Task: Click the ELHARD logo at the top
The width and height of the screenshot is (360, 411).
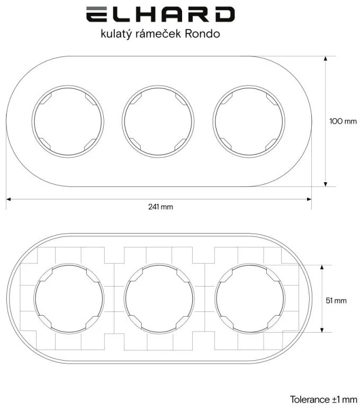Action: [x=159, y=14]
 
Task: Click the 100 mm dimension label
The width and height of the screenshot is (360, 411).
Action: [x=343, y=121]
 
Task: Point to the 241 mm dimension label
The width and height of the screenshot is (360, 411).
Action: [x=160, y=207]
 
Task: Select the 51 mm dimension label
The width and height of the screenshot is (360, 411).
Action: [x=336, y=300]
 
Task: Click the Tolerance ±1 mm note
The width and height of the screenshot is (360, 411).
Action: [x=323, y=399]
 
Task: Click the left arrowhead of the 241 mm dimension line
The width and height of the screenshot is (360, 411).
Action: [x=8, y=199]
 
